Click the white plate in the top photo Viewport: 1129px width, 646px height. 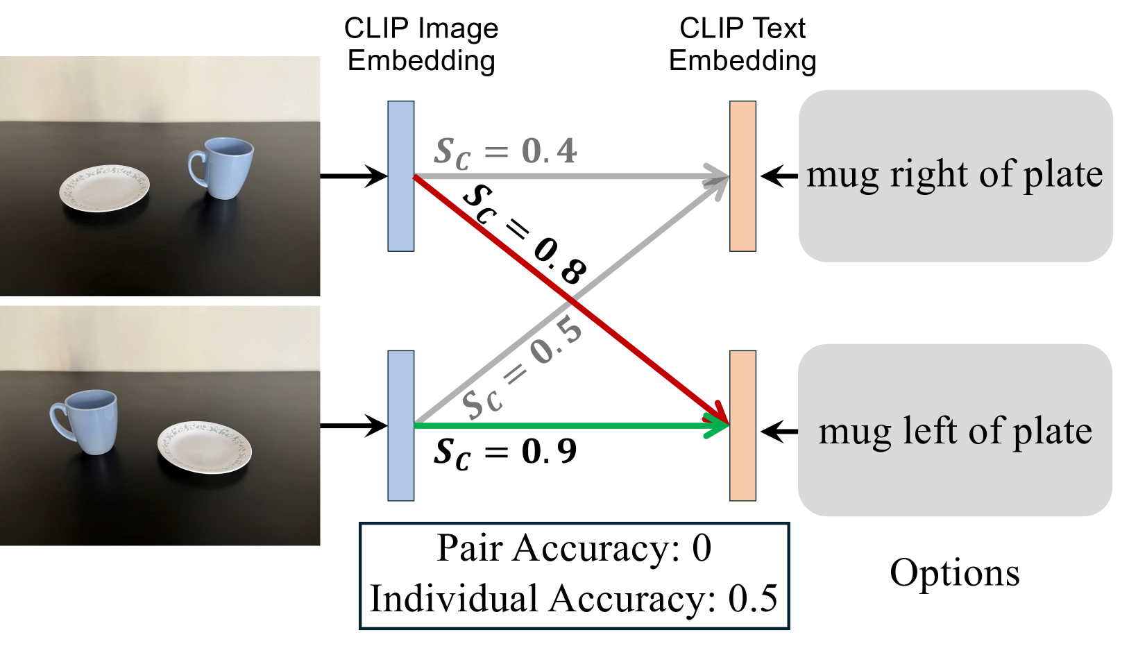click(105, 187)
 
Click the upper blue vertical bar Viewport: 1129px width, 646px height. click(401, 176)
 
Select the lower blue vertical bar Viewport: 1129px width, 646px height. click(401, 425)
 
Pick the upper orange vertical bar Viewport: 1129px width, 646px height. click(742, 176)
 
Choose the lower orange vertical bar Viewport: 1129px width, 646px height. click(742, 425)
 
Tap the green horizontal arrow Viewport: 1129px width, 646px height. click(555, 425)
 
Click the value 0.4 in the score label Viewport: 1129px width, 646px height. click(549, 151)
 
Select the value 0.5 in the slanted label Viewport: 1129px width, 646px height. click(556, 341)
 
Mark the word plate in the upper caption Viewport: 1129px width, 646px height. click(1063, 175)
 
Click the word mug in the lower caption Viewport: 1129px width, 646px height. click(854, 432)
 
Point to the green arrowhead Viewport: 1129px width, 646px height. click(718, 425)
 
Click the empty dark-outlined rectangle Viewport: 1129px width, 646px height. click(574, 576)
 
